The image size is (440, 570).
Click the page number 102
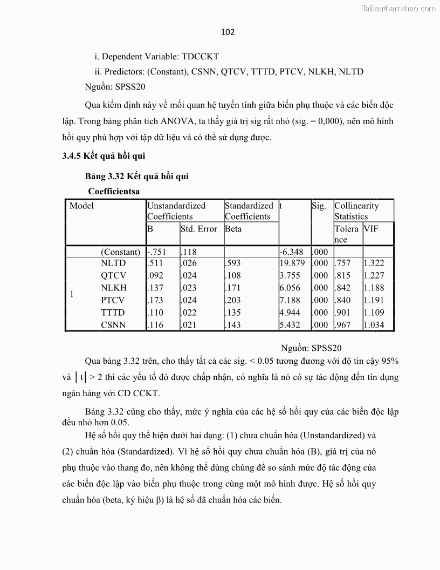pyautogui.click(x=228, y=32)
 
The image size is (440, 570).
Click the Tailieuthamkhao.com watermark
pyautogui.click(x=399, y=9)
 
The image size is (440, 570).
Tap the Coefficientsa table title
pyautogui.click(x=114, y=191)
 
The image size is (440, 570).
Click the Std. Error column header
pyautogui.click(x=199, y=229)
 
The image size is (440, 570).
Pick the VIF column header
pyautogui.click(x=371, y=229)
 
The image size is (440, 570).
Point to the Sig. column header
pyautogui.click(x=319, y=206)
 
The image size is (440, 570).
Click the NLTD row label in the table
pyautogui.click(x=113, y=263)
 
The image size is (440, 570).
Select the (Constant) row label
pyautogui.click(x=121, y=252)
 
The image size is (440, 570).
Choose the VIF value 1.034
pyautogui.click(x=374, y=325)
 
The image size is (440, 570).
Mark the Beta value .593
pyautogui.click(x=233, y=263)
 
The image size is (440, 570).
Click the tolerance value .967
pyautogui.click(x=343, y=325)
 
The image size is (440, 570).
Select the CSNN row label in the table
pyautogui.click(x=113, y=325)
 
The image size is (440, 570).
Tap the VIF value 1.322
pyautogui.click(x=374, y=263)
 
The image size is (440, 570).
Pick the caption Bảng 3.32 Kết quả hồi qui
pyautogui.click(x=137, y=177)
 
